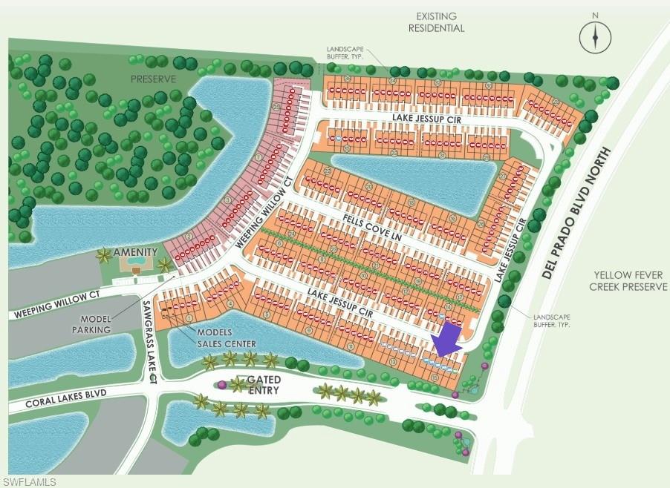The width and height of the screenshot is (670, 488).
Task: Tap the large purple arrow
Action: coord(447,341)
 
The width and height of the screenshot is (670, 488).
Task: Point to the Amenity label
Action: coord(135,252)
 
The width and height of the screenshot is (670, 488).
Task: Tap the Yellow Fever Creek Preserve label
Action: coord(628,280)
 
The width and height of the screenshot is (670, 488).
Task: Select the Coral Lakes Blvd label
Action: coord(66,398)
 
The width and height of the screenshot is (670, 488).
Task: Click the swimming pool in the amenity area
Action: coord(135,262)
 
